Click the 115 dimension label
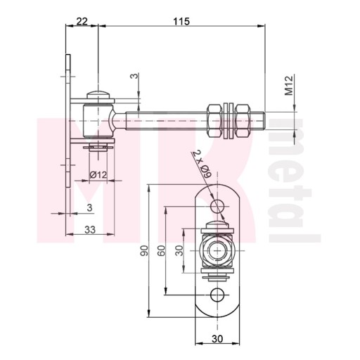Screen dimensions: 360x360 point(181,22)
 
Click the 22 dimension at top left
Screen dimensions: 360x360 point(82,22)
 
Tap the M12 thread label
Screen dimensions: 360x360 point(289,85)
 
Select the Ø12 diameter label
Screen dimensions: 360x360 point(98,174)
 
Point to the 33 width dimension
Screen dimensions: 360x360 point(90,230)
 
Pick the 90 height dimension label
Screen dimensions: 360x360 point(144,250)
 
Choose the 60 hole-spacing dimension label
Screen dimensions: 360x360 point(162,250)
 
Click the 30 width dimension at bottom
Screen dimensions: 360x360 point(217,339)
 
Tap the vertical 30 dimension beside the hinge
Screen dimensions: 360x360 point(179,250)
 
